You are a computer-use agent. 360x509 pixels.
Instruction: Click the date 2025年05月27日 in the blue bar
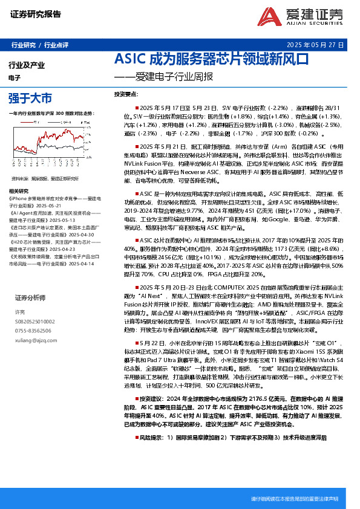[315, 45]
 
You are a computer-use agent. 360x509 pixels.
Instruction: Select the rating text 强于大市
[30, 97]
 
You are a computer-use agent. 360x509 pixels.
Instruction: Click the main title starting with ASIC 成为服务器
[212, 60]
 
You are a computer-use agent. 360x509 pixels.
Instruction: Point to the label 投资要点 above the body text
[127, 95]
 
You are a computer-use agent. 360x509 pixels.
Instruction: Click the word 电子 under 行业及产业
[15, 78]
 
